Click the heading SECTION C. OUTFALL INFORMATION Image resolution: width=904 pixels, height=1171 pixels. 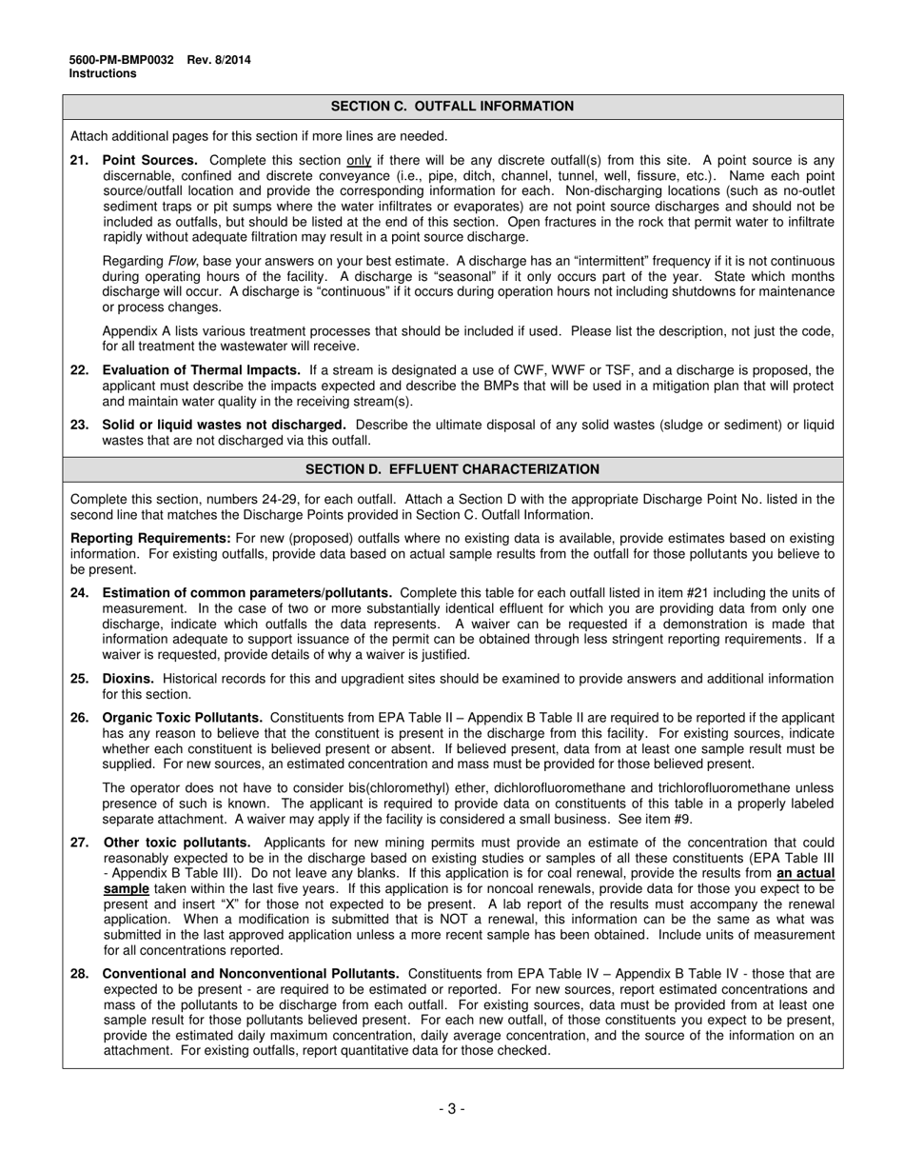pos(452,107)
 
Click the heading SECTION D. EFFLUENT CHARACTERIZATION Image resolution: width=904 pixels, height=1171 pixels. pos(452,469)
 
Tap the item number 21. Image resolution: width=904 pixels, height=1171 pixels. pos(79,161)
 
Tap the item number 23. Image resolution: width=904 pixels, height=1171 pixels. pos(79,425)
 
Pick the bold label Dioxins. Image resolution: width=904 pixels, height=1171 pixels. pos(128,679)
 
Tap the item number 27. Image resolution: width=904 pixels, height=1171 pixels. pos(79,843)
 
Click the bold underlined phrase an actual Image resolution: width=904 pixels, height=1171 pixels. pos(806,873)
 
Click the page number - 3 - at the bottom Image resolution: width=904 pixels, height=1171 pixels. pos(452,1108)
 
